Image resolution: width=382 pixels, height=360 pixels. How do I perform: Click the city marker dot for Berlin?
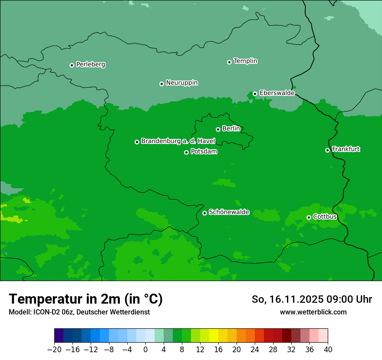pos(218,129)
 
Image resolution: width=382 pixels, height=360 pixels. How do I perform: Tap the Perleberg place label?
pos(90,65)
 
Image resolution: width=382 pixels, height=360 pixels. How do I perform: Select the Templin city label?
pos(245,61)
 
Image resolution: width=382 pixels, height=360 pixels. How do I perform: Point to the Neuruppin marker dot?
pos(161,84)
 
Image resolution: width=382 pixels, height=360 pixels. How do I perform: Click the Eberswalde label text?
pos(277,93)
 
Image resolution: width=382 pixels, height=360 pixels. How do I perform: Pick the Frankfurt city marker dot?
pos(327,150)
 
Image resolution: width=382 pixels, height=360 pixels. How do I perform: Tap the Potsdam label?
pos(204,152)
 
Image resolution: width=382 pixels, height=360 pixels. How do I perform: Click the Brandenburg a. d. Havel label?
pos(178,141)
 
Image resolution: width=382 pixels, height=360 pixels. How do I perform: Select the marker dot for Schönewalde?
pos(204,213)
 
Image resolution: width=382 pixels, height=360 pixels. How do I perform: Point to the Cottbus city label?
pos(325,216)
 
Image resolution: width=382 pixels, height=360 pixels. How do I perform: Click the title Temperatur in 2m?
pos(86,299)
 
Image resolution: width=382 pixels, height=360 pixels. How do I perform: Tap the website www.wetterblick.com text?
pos(313,312)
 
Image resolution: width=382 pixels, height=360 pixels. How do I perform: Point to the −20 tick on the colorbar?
pos(54,350)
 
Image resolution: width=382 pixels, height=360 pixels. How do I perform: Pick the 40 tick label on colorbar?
pos(328,350)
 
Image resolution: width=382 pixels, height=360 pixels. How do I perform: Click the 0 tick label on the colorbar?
pos(145,350)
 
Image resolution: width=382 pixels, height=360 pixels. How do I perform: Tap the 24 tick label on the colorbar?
pos(255,350)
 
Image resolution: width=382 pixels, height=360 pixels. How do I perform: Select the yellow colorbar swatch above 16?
pos(214,336)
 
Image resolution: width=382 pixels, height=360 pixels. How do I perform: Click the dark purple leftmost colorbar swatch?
pos(59,336)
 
